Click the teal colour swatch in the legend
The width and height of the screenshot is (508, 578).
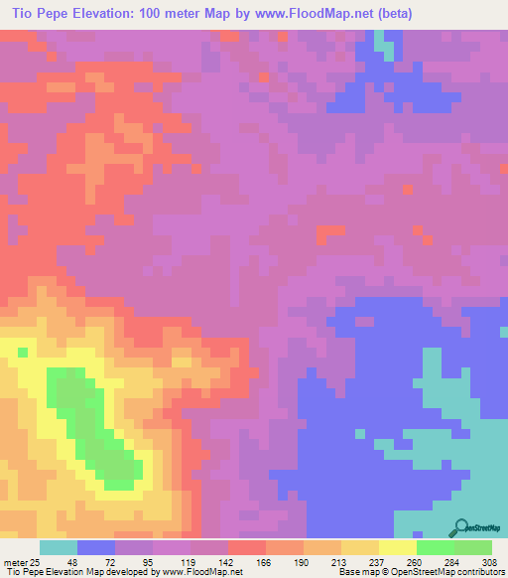(59, 547)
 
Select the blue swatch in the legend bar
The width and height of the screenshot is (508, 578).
(96, 547)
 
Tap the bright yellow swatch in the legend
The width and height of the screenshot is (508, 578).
(398, 547)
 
